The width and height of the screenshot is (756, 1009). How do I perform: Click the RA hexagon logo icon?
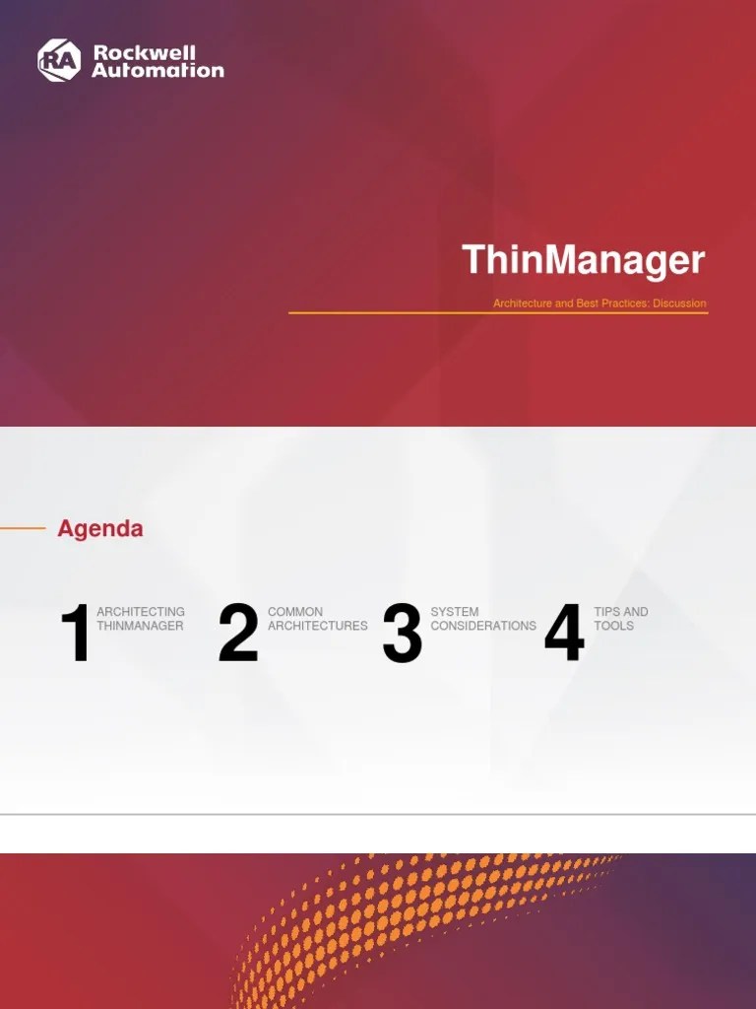(x=58, y=60)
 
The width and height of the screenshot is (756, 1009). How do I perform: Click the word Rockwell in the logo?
(x=144, y=52)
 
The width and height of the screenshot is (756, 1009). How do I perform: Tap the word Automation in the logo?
(x=157, y=70)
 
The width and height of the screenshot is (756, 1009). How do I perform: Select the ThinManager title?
(x=584, y=260)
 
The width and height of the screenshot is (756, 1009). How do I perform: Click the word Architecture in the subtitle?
(x=522, y=303)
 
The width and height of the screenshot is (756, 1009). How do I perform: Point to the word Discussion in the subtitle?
(x=679, y=303)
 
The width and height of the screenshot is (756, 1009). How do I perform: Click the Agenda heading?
(x=100, y=528)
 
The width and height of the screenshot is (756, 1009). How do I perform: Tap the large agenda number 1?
(x=76, y=636)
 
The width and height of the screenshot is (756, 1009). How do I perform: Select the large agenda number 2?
(x=238, y=634)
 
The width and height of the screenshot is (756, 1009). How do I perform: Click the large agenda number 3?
(x=402, y=634)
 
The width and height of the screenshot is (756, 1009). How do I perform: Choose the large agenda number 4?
(x=564, y=634)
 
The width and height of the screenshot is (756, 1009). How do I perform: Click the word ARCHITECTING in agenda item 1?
(x=141, y=612)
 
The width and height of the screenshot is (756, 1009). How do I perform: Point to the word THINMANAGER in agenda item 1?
(x=140, y=626)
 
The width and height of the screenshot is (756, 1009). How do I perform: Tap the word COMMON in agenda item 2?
(x=295, y=612)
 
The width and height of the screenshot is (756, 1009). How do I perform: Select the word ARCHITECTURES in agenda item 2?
(x=317, y=626)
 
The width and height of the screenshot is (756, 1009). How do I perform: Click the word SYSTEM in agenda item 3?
(x=455, y=612)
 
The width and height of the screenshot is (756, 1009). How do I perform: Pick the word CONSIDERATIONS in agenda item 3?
(x=483, y=626)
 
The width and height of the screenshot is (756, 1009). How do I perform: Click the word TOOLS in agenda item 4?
(x=614, y=626)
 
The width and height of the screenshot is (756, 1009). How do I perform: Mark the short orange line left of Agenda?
(x=23, y=528)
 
